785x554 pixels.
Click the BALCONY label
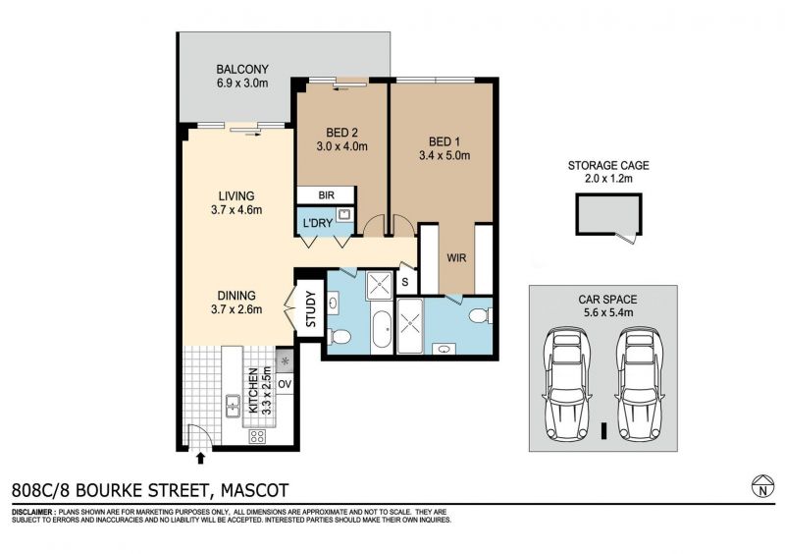point(242,69)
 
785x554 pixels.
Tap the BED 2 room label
point(341,133)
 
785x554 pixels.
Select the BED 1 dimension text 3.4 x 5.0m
point(445,155)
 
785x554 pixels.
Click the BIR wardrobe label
point(327,195)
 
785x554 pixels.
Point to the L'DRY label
point(318,223)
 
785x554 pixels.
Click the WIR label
point(456,258)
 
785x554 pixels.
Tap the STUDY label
point(310,308)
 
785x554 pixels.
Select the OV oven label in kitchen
point(285,384)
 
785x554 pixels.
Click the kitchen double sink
point(233,406)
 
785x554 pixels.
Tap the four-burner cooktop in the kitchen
point(257,436)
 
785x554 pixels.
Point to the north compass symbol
point(763,486)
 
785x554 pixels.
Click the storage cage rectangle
point(608,214)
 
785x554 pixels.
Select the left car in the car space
point(567,384)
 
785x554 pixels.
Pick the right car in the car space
point(641,384)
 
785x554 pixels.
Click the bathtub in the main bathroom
point(383,330)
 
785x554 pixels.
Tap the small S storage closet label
point(405,282)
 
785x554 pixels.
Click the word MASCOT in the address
point(255,490)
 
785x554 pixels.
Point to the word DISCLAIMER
point(33,513)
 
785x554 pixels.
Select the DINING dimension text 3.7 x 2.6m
point(236,309)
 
